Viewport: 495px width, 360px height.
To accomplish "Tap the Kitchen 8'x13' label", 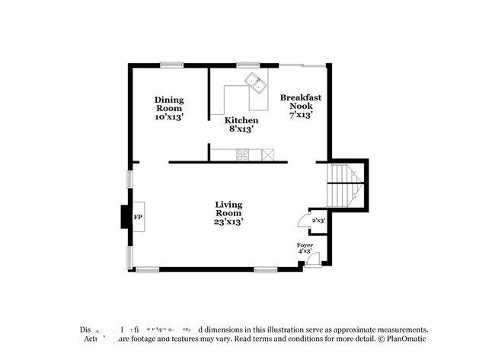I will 241,125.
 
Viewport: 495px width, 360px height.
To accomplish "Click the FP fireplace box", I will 139,218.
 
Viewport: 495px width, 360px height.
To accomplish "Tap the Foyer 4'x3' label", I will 305,247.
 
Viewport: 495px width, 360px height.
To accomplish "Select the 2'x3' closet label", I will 318,220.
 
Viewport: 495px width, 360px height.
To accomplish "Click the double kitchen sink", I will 255,82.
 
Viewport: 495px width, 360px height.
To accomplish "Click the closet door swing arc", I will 302,221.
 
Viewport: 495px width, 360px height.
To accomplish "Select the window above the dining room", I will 171,65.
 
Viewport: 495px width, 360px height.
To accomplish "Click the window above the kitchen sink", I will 247,65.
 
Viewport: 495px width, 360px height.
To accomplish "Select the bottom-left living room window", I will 147,269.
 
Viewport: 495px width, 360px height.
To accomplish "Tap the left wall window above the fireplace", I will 129,179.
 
